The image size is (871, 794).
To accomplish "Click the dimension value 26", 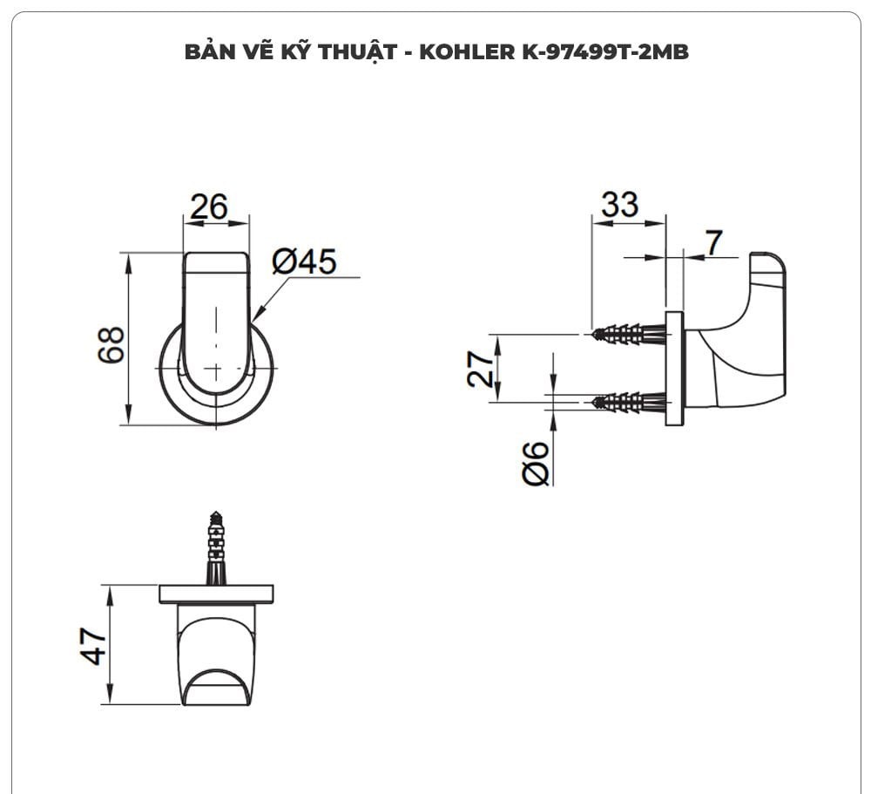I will [x=209, y=207].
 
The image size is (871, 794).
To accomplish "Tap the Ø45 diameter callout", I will [x=303, y=261].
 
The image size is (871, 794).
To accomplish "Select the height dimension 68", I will [x=111, y=345].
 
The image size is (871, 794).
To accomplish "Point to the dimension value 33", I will [x=619, y=205].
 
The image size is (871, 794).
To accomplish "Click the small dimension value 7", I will [x=714, y=244].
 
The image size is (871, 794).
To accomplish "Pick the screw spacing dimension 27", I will [x=481, y=368].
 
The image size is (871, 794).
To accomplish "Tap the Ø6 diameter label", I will [x=537, y=463].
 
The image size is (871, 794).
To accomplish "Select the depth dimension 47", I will [x=94, y=645].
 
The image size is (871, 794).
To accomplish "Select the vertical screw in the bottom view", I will [x=216, y=547].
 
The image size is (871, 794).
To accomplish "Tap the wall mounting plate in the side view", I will [x=674, y=368].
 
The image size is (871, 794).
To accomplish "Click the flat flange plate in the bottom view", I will [x=216, y=594].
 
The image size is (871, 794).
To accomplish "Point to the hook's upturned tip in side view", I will [x=767, y=270].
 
